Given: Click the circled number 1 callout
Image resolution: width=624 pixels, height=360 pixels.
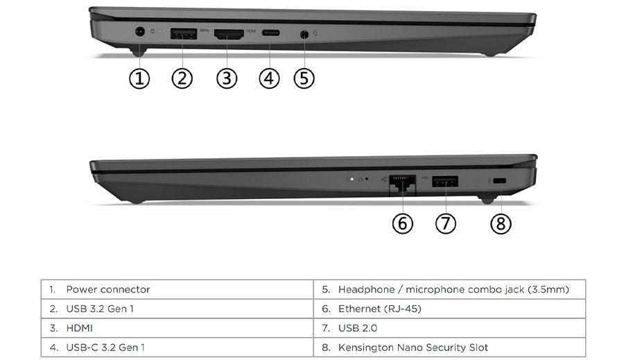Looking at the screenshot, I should (x=139, y=78).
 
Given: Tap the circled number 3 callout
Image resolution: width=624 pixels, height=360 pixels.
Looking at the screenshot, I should (x=226, y=78).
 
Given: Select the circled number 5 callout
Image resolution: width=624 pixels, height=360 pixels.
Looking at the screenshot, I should (x=304, y=78).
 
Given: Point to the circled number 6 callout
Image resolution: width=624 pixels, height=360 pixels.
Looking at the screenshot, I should (x=402, y=223).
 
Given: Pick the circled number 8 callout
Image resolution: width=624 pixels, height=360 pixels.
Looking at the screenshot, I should (x=500, y=223).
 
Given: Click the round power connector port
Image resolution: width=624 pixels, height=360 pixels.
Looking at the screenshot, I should (x=140, y=32).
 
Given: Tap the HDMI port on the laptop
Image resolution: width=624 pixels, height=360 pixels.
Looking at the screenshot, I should (x=228, y=33).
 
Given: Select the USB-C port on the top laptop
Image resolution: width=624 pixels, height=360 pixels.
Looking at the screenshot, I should (x=270, y=33).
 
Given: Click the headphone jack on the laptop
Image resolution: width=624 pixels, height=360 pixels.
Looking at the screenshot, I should (x=304, y=33).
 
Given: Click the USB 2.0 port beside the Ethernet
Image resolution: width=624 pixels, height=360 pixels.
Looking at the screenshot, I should (x=444, y=182).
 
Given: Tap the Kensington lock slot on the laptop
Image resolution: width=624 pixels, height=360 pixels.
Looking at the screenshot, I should (x=501, y=182).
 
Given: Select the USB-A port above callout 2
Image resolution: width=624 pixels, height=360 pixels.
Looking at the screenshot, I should (x=183, y=32).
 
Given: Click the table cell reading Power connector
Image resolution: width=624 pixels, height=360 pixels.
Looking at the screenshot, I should (x=107, y=289).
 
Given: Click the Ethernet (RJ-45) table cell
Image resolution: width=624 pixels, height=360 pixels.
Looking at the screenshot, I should (x=379, y=309).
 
